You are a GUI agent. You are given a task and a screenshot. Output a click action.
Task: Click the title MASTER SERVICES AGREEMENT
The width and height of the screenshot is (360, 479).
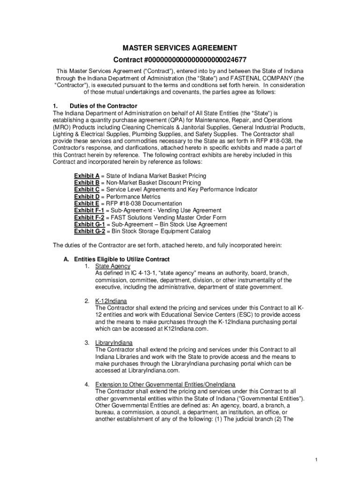coord(180,48)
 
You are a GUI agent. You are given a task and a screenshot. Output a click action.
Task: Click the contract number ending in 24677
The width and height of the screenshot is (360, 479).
coord(180,60)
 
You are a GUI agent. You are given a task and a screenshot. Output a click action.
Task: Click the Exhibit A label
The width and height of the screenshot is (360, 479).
coord(86,176)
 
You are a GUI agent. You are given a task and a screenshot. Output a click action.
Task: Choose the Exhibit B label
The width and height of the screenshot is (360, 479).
coord(86,183)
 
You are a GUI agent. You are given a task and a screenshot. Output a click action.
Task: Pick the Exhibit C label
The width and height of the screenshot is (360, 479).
coord(86,190)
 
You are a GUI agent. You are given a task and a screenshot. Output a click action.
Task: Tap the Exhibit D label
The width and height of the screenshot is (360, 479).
coord(86,197)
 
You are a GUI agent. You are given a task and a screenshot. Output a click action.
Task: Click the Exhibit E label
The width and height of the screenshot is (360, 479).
coord(86,204)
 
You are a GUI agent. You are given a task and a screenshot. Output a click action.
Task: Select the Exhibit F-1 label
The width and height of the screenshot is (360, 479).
coord(89,211)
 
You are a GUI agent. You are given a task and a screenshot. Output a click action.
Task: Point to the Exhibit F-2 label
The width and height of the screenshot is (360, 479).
coord(89,218)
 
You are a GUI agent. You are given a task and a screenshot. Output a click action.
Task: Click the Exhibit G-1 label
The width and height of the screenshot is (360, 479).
coord(89,225)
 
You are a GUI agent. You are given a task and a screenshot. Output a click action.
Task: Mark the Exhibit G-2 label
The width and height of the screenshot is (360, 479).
coord(89,232)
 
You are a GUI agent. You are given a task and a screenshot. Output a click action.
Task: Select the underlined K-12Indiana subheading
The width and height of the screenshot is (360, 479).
coord(111,301)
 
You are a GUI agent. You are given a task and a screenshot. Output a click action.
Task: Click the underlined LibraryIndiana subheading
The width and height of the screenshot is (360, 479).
coord(114,343)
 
